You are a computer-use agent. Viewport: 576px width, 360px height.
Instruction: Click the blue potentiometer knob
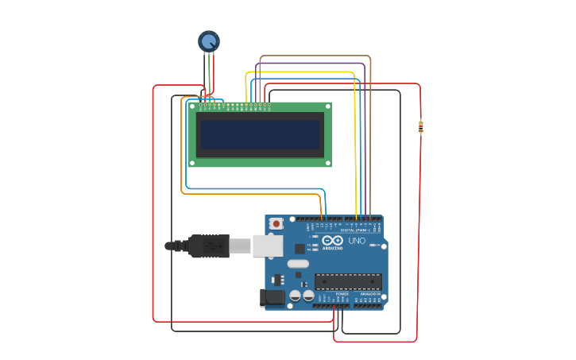208,41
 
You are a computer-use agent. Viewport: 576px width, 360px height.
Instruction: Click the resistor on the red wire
420,126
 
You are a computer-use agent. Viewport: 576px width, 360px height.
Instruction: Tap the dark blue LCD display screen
260,134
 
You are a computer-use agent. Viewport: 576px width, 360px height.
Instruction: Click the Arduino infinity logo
332,241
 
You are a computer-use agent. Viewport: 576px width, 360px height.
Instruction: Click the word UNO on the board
357,241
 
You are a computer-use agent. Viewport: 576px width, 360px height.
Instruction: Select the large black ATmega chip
348,281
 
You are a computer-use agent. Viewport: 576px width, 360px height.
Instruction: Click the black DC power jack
273,298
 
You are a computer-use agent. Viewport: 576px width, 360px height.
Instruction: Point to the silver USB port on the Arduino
268,246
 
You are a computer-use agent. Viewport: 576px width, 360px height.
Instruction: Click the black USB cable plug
208,246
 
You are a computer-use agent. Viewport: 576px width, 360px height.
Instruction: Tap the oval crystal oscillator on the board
298,264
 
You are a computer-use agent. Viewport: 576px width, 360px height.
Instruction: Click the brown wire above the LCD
318,56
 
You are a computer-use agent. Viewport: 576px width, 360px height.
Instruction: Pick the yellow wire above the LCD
302,72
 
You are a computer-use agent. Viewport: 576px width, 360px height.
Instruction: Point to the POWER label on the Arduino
342,293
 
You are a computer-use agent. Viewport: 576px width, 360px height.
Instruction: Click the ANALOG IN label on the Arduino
369,293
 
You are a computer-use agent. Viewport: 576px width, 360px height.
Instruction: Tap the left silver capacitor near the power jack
296,296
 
